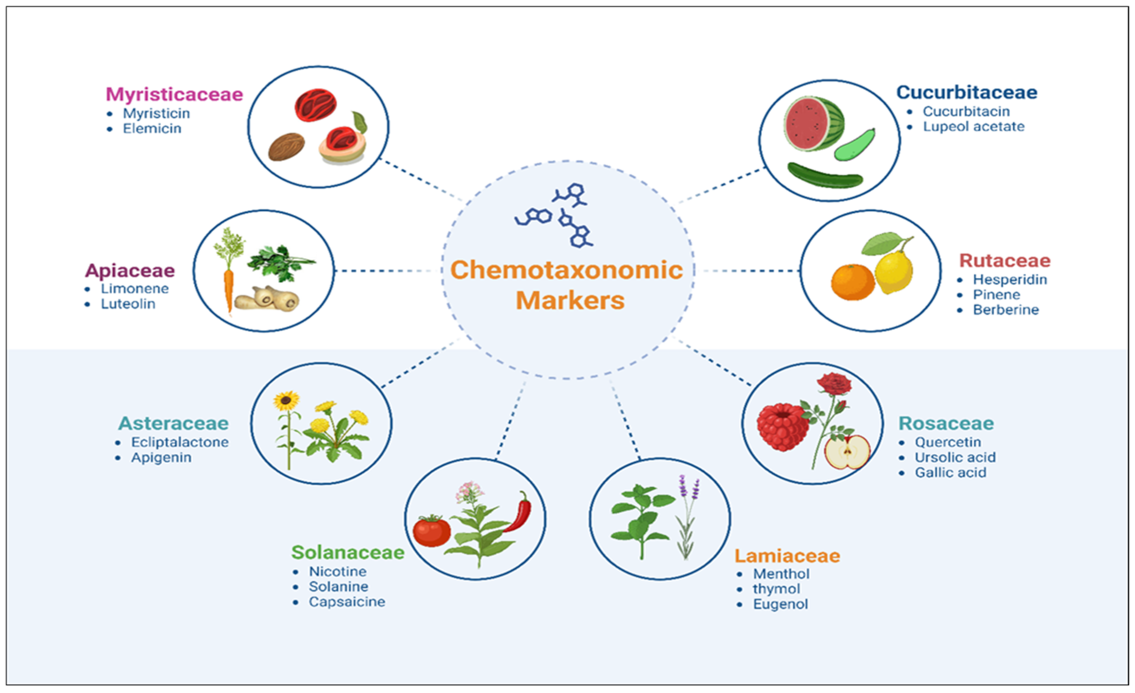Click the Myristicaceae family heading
coord(174,94)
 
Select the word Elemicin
coord(152,128)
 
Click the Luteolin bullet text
coord(128,304)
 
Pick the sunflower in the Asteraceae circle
coord(286,402)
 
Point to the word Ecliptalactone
coord(180,442)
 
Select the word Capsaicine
coord(347,602)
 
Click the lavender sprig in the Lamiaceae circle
coord(687,516)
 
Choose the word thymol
coord(776,589)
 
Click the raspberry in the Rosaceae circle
coord(783,427)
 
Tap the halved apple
coord(847,453)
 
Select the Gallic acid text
coord(950,473)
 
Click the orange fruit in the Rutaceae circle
coord(853,282)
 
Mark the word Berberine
coord(1006,310)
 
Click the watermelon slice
coord(813,123)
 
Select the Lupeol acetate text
coord(973,127)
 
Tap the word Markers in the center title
coord(570,301)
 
